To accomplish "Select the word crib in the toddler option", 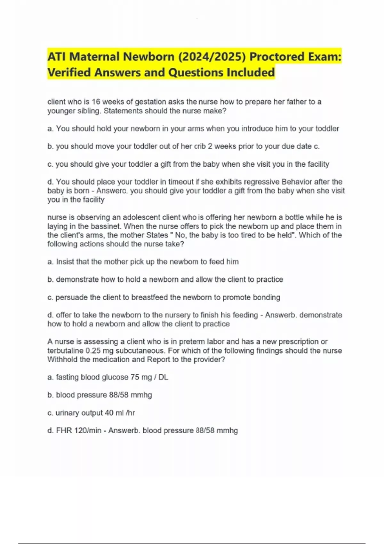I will [200, 146].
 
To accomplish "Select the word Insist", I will [65, 262].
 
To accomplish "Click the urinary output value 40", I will [109, 413].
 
